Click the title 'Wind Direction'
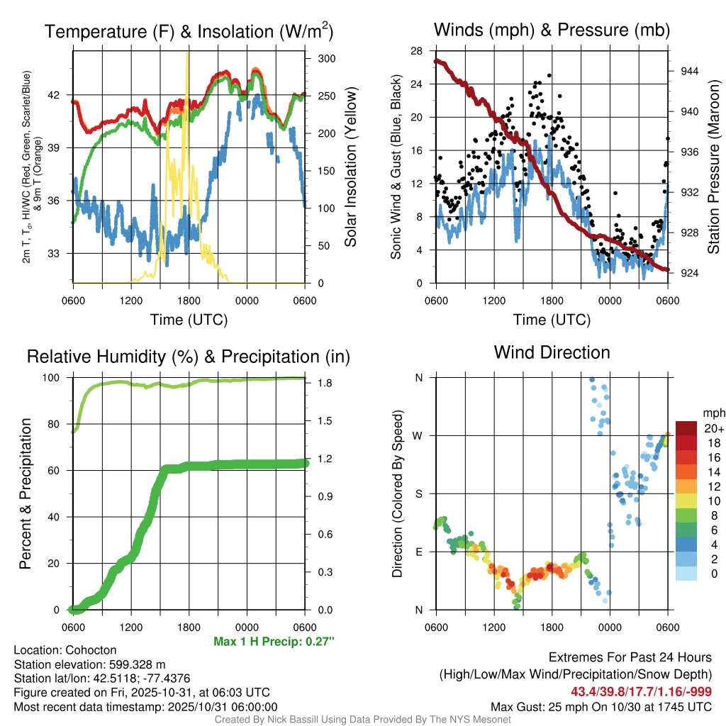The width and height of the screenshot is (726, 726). click(552, 352)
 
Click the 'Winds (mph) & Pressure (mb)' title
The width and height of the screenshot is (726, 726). click(552, 30)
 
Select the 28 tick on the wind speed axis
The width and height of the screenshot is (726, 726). click(417, 50)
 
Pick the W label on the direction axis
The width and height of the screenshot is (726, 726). click(418, 435)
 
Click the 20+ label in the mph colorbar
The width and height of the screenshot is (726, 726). click(713, 428)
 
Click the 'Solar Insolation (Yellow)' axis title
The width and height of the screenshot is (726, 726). click(351, 167)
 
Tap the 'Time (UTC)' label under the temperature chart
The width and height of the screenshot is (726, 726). click(189, 320)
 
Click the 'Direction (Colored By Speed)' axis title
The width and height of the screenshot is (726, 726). click(398, 493)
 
